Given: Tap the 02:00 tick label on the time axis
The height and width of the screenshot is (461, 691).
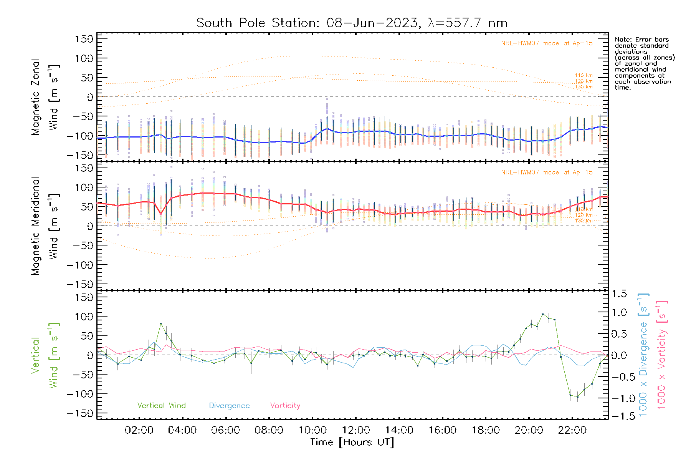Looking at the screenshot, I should coord(139,430).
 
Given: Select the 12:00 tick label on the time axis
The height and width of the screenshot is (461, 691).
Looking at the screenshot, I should coord(356,430).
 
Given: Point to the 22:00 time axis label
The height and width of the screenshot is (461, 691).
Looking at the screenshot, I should coord(572,430).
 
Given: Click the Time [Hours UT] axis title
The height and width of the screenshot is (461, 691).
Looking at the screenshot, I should coord(352,442).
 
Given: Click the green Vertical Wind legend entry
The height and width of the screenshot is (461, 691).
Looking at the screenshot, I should coord(161,406).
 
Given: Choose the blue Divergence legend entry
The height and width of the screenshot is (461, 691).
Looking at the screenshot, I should coord(229,406).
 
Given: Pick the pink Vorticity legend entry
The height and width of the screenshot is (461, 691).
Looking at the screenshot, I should coord(285,406).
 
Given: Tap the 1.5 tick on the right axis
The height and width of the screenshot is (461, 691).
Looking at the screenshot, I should coord(619,294).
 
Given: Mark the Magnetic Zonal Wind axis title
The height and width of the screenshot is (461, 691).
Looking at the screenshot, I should coord(45,97).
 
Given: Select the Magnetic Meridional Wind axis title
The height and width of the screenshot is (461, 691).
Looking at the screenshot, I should coord(45,226).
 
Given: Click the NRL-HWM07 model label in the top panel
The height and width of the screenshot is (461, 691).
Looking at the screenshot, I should coord(547,43).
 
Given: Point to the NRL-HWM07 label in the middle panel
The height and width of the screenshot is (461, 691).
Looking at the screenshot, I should coord(547,172).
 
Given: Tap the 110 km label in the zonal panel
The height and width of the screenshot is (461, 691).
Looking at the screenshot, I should coord(584,76).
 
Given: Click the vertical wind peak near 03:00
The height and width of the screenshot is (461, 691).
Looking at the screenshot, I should coord(160,324).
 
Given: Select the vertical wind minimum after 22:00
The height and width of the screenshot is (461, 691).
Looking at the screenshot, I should coord(577,397).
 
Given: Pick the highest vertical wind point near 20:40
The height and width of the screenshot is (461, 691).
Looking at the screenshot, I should coord(542,314).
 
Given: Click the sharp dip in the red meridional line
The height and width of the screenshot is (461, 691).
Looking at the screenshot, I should coord(160,214).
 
